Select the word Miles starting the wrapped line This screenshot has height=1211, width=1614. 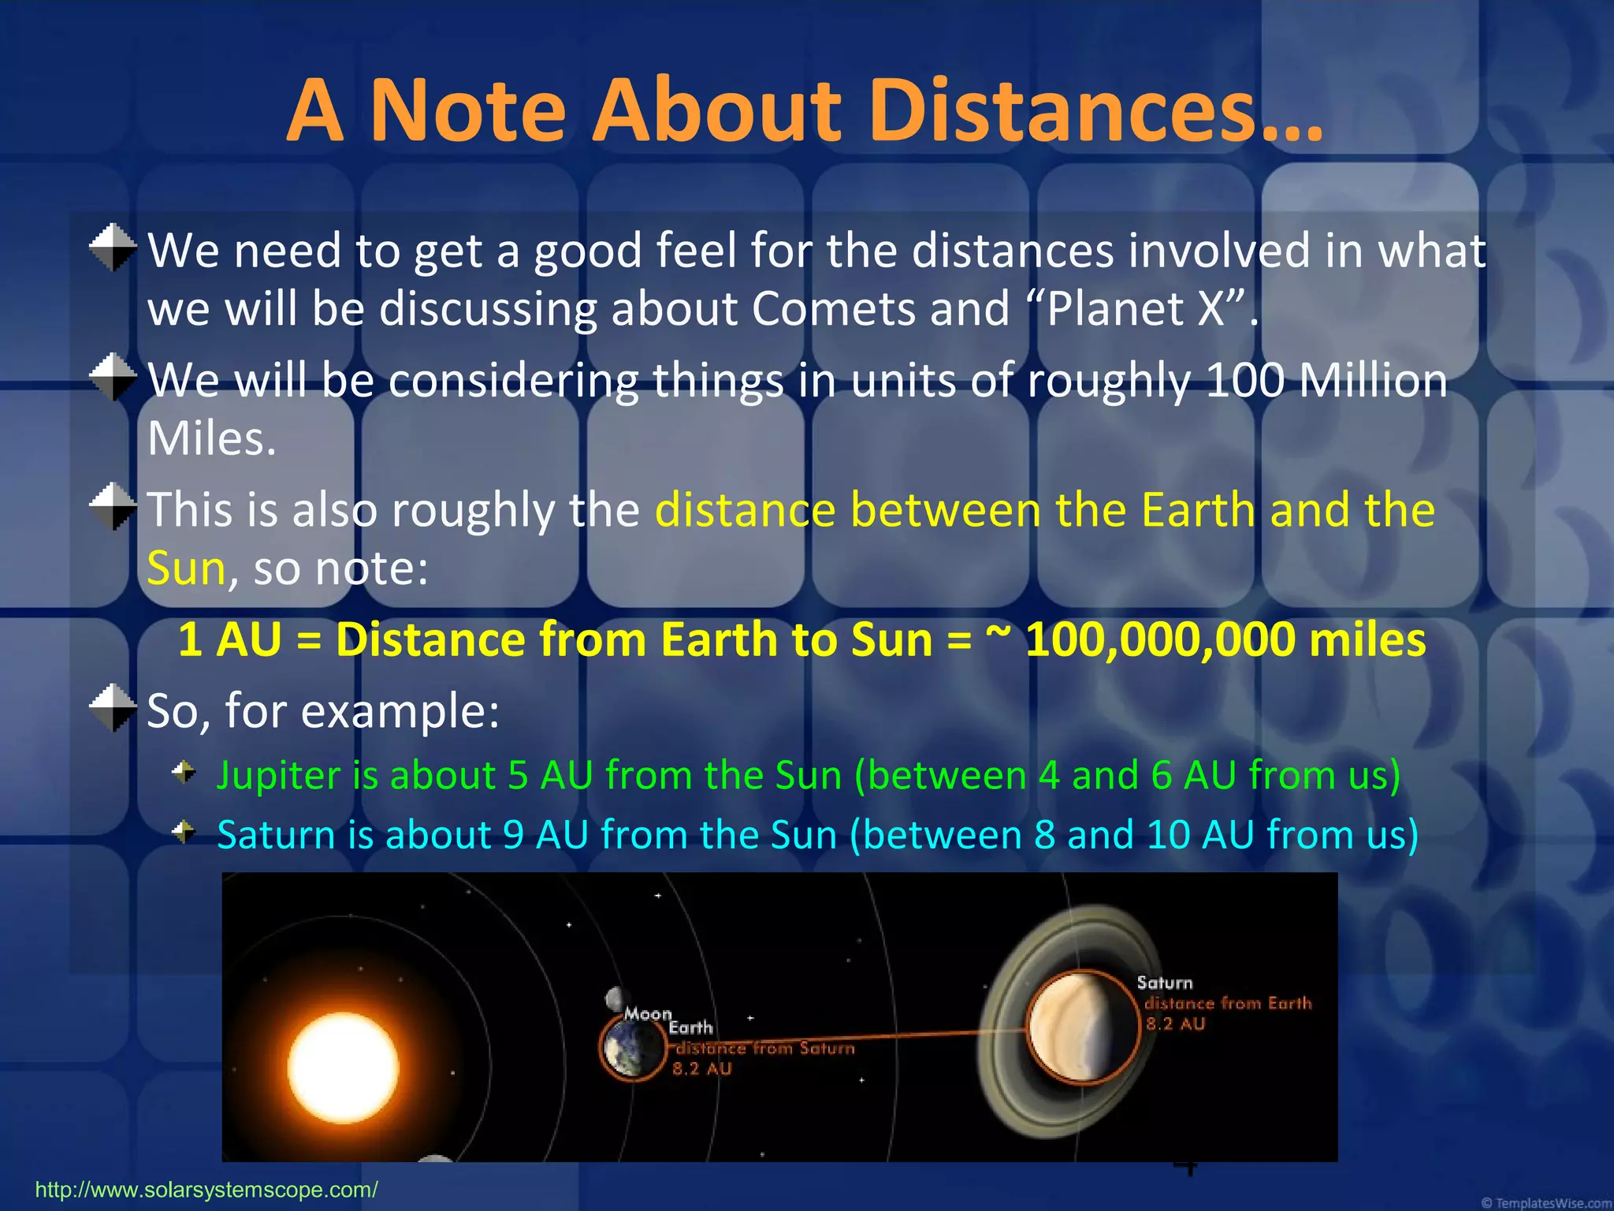[210, 438]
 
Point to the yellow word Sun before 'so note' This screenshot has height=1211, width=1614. [187, 568]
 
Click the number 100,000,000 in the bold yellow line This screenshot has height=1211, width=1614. [1159, 639]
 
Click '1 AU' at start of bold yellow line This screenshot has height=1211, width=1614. [229, 639]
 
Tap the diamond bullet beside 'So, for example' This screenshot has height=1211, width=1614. [113, 707]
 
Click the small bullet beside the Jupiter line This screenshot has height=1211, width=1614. [184, 772]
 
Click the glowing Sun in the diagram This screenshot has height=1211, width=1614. [343, 1068]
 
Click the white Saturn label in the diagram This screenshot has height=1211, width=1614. [1164, 983]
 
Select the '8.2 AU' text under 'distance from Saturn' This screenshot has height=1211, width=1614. [701, 1069]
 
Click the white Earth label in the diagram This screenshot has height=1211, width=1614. [690, 1027]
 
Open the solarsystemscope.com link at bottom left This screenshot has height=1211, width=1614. [206, 1190]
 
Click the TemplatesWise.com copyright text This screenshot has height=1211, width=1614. [1545, 1203]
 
